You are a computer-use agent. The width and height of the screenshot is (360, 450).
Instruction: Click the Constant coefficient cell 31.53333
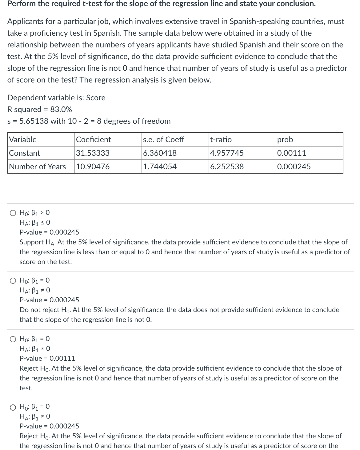point(93,153)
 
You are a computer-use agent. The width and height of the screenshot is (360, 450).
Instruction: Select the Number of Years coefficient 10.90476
point(93,167)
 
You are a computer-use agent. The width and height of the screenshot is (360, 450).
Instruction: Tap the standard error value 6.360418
point(160,153)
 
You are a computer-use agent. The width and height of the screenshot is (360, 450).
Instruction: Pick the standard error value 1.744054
point(160,167)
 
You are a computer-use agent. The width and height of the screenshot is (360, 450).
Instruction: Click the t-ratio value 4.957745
point(227,153)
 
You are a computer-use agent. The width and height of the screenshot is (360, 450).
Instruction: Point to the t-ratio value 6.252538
point(227,167)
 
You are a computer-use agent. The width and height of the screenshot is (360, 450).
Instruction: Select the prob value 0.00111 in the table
point(291,153)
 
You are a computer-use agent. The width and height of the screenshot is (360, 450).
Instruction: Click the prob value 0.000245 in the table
point(294,167)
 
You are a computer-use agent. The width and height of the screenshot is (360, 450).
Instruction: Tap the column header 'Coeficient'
point(94,139)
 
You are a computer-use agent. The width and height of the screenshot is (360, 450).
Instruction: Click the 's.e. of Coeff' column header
point(163,139)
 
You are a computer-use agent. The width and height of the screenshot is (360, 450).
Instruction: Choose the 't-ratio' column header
point(221,139)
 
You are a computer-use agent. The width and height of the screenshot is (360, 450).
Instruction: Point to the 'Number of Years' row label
point(38,167)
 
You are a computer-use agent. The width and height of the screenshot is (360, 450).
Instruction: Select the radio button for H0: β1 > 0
point(13,213)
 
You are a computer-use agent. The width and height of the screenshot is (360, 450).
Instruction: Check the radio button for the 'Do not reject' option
point(13,280)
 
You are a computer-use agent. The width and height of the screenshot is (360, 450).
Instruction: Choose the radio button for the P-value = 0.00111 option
point(13,339)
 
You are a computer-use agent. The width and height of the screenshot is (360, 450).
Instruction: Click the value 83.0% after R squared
point(61,109)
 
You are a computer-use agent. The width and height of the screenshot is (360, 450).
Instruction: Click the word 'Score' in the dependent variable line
point(96,98)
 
